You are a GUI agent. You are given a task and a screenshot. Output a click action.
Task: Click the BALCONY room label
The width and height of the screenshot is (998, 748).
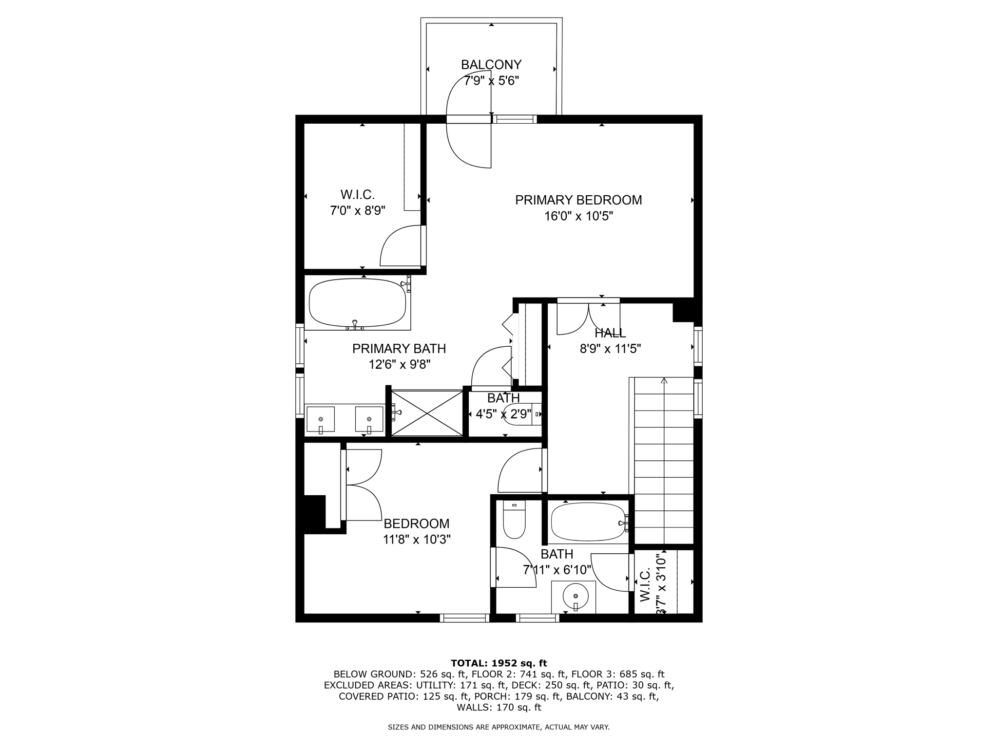[491, 65]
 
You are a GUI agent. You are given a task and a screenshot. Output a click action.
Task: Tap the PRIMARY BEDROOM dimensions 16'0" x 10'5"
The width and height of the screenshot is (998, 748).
[578, 216]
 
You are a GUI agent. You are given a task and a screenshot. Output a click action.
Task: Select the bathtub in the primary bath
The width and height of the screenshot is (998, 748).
[357, 303]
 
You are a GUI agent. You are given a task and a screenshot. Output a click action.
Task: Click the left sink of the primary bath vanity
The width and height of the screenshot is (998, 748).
[321, 419]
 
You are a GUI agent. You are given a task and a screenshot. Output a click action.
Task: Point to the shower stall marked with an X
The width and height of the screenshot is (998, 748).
[427, 413]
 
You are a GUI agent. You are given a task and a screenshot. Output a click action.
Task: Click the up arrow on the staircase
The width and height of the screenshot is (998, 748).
[664, 381]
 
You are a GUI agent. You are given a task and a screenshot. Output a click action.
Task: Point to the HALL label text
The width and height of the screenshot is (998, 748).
[610, 334]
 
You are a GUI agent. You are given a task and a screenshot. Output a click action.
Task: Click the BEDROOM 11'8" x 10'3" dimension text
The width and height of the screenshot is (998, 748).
[416, 540]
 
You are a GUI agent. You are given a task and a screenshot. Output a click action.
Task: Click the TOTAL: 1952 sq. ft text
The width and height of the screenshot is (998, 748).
[499, 663]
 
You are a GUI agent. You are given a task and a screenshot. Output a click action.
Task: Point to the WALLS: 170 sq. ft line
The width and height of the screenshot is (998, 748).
[499, 708]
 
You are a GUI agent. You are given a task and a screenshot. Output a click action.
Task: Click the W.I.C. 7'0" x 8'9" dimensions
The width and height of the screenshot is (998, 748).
[358, 211]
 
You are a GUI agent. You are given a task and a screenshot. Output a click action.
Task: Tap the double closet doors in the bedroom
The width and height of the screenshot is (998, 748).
[363, 485]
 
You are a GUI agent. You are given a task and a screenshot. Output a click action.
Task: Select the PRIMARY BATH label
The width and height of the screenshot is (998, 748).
[399, 349]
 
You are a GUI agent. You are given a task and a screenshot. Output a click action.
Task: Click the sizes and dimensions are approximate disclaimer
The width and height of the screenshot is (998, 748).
[499, 728]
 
